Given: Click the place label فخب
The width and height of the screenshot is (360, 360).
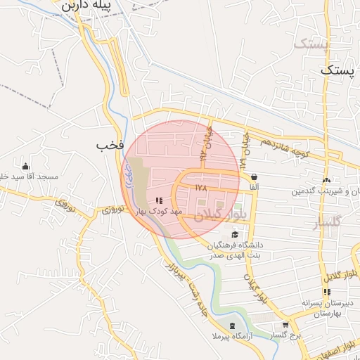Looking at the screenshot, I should [111, 144].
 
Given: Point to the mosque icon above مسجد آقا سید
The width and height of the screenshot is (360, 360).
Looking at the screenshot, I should [26, 167].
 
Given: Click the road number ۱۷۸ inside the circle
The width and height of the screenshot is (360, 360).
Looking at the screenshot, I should [202, 188].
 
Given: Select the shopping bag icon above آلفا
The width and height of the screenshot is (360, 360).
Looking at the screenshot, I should [253, 177].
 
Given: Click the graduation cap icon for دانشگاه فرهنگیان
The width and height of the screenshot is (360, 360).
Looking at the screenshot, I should [234, 235].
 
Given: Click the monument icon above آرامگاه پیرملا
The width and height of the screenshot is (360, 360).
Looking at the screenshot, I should [232, 326].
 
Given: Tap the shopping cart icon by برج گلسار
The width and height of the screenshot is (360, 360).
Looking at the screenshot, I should [285, 325].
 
